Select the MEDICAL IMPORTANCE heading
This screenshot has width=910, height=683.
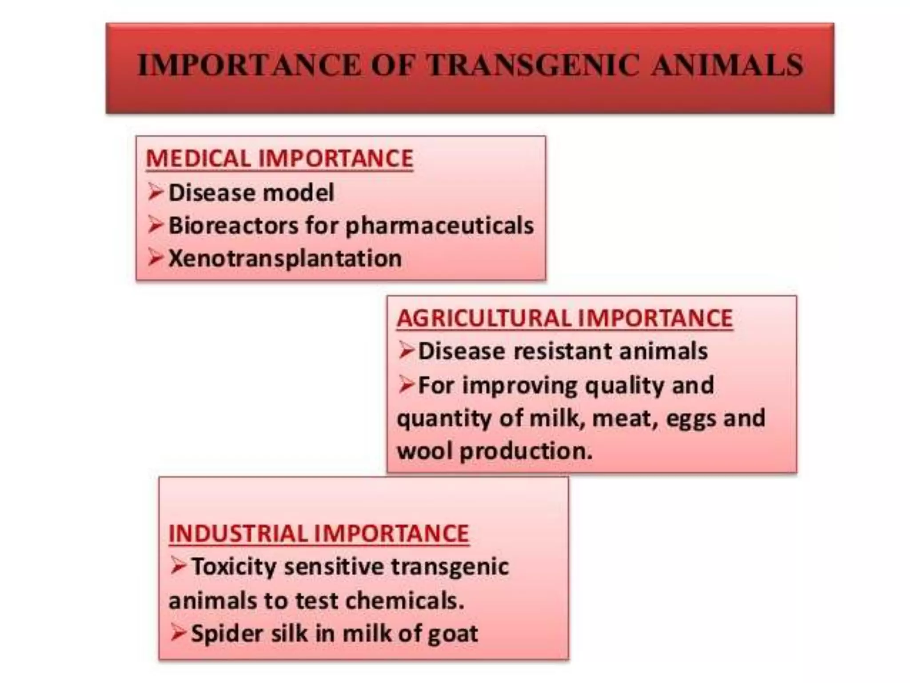click(279, 159)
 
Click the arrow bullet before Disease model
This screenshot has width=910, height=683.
click(156, 192)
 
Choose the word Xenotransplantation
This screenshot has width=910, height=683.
click(285, 259)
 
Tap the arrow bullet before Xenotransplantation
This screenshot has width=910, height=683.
click(156, 257)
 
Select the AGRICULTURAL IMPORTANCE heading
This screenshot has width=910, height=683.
click(564, 318)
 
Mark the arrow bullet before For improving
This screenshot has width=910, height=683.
click(406, 384)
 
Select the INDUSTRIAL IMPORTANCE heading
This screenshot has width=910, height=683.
click(319, 534)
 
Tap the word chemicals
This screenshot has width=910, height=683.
click(404, 601)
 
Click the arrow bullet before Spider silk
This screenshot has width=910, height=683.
click(178, 632)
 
